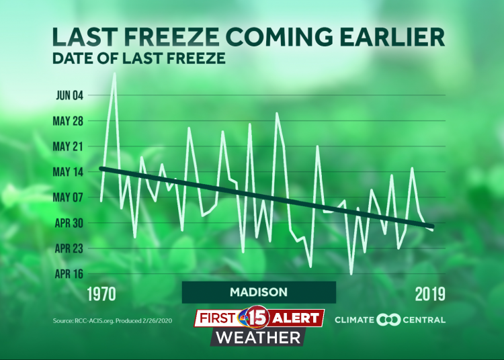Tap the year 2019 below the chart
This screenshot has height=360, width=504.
coord(427,294)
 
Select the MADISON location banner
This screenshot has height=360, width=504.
coord(259,292)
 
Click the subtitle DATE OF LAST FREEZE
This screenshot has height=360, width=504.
coord(138,58)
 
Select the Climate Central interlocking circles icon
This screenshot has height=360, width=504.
coord(389,320)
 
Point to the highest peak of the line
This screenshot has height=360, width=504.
coord(114,74)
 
